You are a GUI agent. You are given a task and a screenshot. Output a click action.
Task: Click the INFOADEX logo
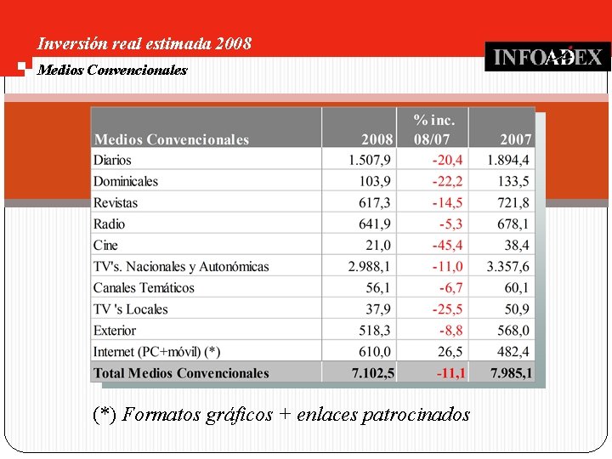point(547,57)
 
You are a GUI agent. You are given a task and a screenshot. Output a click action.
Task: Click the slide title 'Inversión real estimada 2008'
point(144,43)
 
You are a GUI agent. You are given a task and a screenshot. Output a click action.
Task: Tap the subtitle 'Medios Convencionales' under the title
point(112,70)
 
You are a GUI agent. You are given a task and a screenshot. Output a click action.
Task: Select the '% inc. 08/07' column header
point(433,129)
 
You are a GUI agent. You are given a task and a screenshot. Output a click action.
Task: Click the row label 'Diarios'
point(113,160)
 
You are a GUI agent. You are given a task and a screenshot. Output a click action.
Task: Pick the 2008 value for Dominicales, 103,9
point(375,181)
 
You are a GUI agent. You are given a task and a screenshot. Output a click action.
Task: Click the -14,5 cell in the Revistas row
point(447,202)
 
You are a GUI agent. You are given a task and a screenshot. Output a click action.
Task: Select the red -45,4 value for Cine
point(447,245)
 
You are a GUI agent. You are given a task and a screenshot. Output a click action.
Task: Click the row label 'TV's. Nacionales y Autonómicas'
point(181,266)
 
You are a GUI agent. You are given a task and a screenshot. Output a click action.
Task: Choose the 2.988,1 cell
point(370,266)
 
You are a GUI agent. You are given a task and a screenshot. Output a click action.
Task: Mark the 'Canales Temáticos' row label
point(144,287)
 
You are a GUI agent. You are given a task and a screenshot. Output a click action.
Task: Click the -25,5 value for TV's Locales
point(447,309)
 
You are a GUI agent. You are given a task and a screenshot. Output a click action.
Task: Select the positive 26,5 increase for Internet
point(451,351)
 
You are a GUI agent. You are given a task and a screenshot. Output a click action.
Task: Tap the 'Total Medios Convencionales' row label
point(181,372)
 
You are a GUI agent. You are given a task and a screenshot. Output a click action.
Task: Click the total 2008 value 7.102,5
point(372,372)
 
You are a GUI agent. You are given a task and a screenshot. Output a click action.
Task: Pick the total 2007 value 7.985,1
point(511,372)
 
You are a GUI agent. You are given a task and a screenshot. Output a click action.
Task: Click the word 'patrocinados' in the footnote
point(416,415)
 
